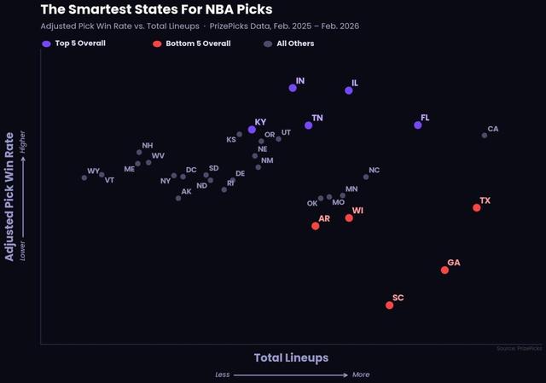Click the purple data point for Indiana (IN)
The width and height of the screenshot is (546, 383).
[293, 88]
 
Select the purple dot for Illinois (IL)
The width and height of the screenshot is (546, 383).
[348, 90]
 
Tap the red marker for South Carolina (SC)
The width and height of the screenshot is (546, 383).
[389, 305]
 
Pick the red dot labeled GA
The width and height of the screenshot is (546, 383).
[444, 270]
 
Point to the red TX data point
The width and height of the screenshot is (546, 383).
[477, 207]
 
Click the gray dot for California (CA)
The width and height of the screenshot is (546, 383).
[484, 135]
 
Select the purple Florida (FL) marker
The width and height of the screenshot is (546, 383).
[417, 125]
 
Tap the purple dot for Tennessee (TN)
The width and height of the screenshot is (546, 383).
[308, 125]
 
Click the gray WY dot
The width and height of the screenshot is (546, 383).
[84, 177]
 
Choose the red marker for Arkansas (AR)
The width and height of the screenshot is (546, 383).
[315, 226]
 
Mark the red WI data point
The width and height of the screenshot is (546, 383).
[349, 218]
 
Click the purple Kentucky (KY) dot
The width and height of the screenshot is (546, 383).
[252, 130]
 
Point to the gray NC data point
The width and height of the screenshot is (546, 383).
[365, 177]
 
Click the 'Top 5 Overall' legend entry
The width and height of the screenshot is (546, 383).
[76, 43]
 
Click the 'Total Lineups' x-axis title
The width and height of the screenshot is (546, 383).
[291, 357]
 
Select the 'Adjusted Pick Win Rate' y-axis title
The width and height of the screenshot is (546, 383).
[10, 196]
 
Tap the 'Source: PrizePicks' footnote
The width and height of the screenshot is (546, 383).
[518, 348]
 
